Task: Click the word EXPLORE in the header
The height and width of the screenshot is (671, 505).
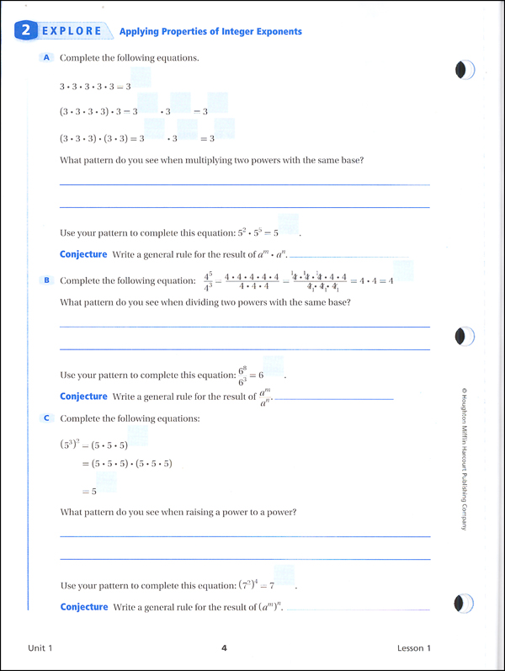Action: (x=72, y=32)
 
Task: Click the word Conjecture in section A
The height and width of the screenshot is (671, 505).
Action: (x=83, y=254)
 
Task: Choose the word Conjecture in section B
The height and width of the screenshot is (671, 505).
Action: (x=83, y=396)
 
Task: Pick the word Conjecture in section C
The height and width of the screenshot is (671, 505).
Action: (x=83, y=607)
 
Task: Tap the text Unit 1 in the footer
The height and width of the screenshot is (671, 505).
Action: (x=40, y=647)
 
